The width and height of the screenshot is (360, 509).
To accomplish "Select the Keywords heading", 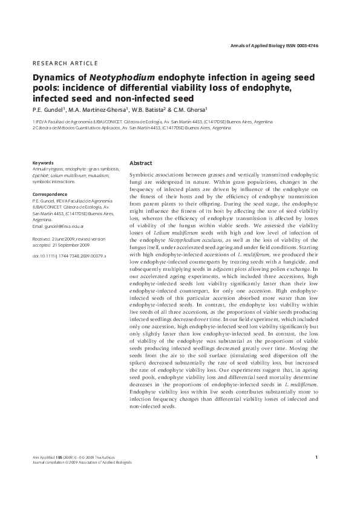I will click(x=44, y=163).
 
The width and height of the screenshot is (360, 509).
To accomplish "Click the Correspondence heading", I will click(x=49, y=194).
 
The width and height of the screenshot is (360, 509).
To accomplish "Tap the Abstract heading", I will click(x=141, y=163).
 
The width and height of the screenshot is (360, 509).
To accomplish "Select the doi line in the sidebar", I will click(x=68, y=256).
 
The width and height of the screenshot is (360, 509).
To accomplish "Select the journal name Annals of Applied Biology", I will click(x=261, y=46).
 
